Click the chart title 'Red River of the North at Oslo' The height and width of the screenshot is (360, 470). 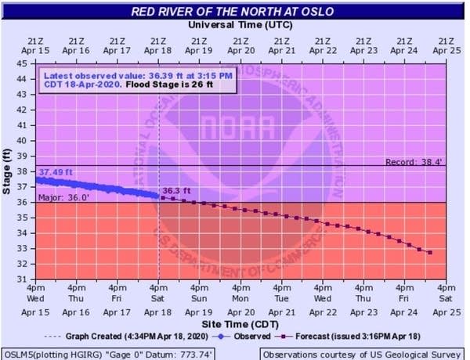[233, 12]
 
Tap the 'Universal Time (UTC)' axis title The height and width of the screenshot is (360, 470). [240, 25]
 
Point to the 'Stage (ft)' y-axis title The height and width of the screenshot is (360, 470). [6, 171]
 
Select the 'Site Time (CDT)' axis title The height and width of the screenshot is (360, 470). [240, 324]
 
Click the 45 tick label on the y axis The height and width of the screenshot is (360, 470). [22, 64]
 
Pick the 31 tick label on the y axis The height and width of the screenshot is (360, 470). [22, 279]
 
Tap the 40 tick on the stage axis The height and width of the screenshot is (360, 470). [22, 140]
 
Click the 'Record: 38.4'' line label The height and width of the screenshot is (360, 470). [414, 162]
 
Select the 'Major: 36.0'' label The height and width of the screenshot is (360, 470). [63, 198]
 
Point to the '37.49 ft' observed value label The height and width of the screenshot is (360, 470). [56, 172]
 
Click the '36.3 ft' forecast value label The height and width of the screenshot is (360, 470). [176, 191]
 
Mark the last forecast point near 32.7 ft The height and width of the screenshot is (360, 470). [430, 253]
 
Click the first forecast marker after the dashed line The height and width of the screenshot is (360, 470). [163, 198]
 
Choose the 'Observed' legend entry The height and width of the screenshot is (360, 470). [241, 337]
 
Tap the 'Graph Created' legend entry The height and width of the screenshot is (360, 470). [126, 337]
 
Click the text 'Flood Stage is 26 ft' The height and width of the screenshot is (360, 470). [169, 85]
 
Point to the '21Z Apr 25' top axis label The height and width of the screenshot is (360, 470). [446, 46]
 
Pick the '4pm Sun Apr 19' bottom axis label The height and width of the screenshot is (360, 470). [199, 300]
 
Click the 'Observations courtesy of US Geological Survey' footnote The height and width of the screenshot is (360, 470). [362, 355]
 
